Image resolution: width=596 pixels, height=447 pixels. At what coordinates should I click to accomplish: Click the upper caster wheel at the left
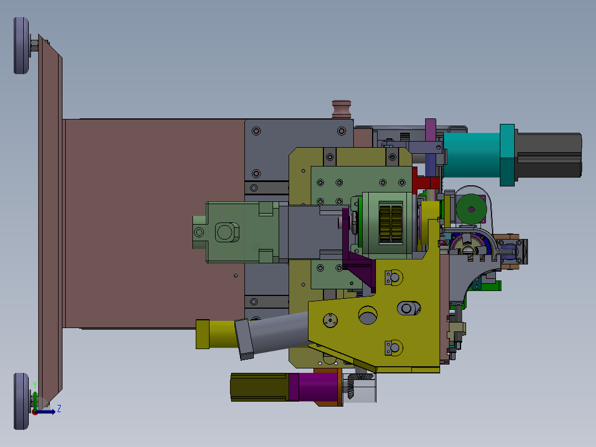(21, 45)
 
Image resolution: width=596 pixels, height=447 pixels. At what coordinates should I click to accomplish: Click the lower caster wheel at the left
(21, 401)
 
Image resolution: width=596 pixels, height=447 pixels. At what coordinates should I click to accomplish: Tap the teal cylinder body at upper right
(471, 155)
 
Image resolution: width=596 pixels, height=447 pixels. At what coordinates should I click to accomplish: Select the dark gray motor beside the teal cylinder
(548, 155)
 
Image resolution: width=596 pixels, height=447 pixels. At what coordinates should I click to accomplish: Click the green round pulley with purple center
(471, 209)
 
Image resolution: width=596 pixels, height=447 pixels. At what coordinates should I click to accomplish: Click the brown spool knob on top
(341, 110)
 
